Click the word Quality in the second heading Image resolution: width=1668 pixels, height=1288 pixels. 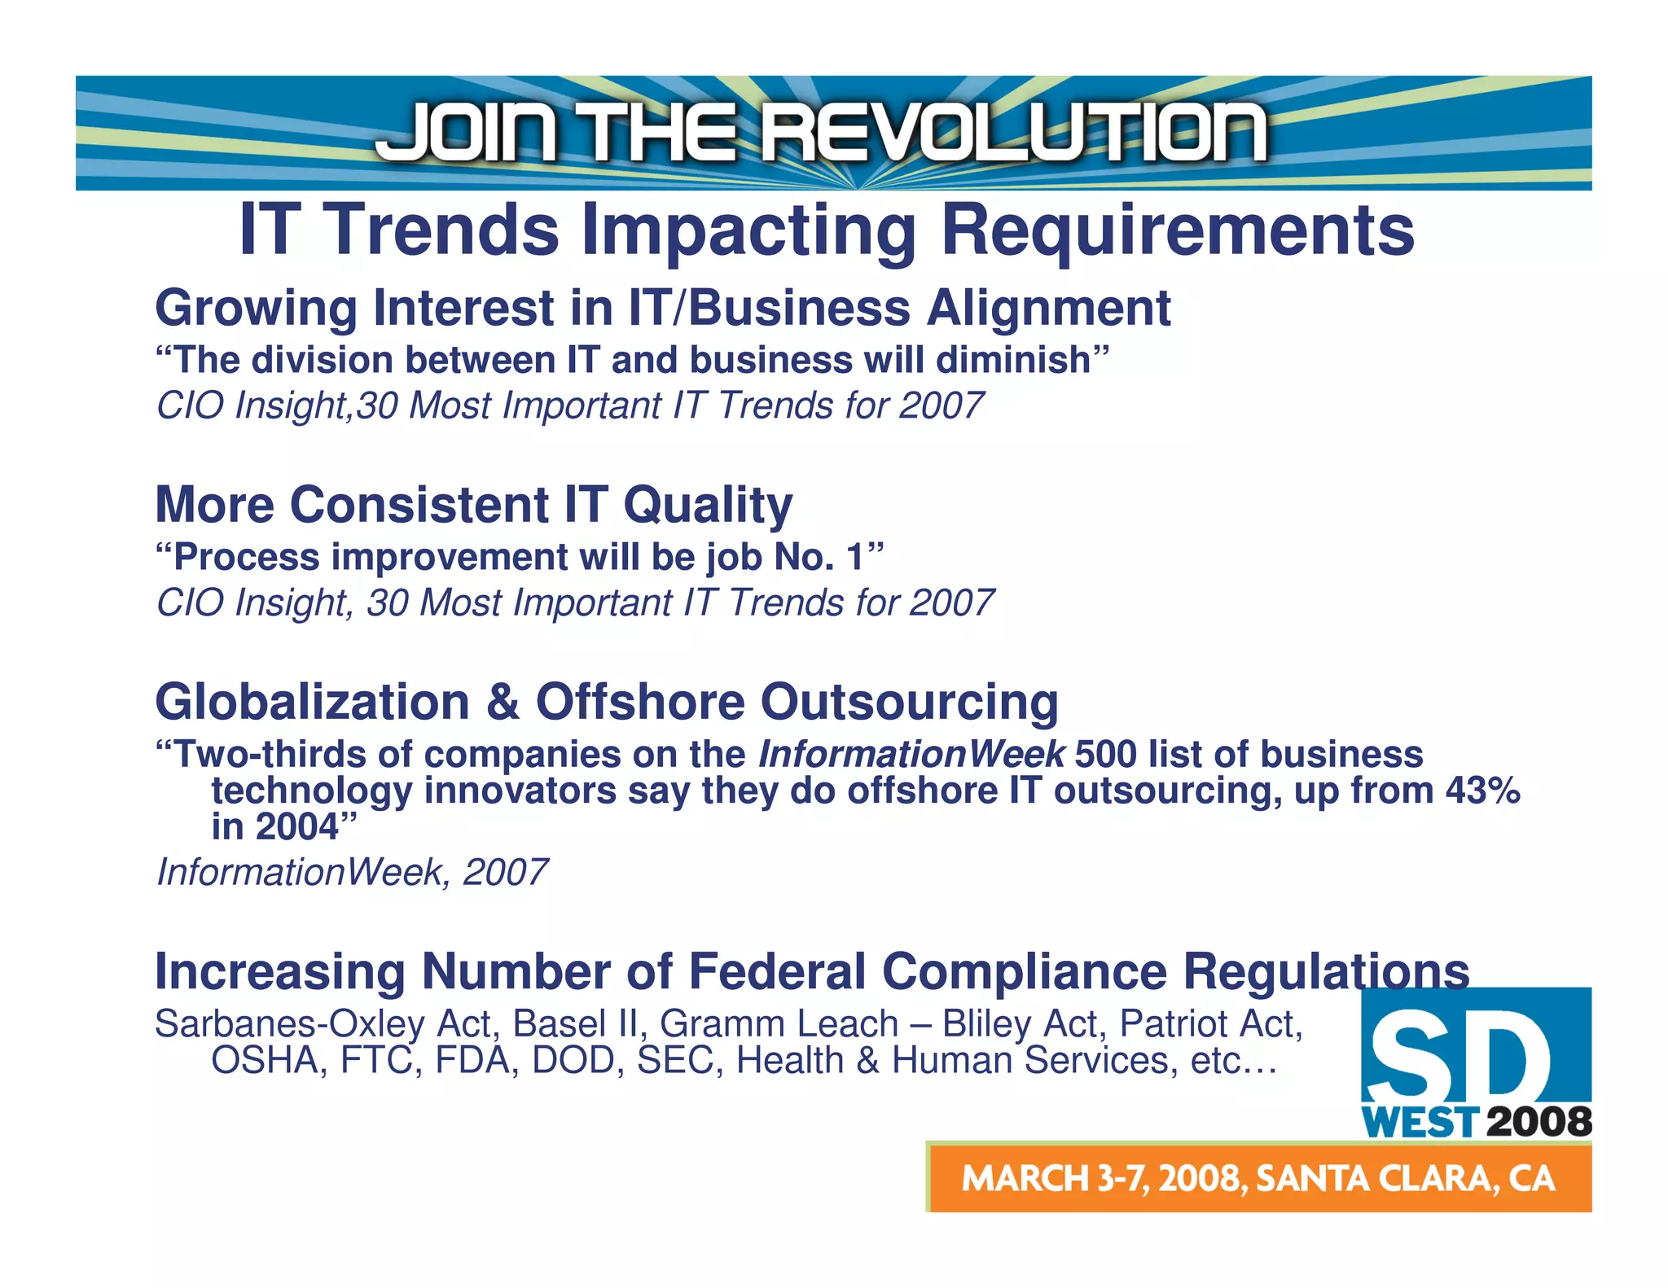[707, 506]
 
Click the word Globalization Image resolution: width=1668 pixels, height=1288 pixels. [312, 702]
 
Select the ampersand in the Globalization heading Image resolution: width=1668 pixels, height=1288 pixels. [503, 702]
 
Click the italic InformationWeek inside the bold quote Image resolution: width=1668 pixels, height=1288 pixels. [911, 755]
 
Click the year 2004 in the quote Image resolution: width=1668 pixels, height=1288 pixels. [296, 827]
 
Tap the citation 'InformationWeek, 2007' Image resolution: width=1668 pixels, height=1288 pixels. [351, 873]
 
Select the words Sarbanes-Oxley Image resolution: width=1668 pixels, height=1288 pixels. [289, 1024]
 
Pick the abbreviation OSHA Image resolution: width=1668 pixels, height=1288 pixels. [264, 1061]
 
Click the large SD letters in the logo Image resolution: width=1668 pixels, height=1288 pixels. [1458, 1058]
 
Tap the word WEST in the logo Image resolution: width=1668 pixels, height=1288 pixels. [1419, 1123]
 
